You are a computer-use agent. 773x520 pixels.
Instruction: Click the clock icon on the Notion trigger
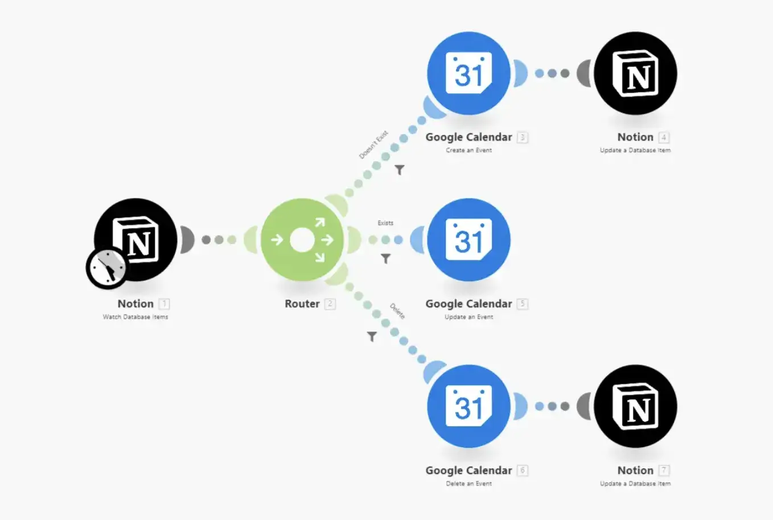[106, 268]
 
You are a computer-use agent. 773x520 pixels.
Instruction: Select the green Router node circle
[302, 240]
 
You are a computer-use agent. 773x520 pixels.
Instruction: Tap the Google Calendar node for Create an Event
[468, 73]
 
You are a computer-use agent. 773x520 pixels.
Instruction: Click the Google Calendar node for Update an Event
[468, 240]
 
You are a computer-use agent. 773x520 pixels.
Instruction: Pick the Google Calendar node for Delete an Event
[468, 406]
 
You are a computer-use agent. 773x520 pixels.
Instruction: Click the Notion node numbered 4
[635, 73]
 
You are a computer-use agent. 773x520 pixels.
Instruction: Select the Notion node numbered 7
[635, 406]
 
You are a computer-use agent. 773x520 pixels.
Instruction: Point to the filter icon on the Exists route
[386, 259]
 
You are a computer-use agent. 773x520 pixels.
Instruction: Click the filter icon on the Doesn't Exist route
[400, 170]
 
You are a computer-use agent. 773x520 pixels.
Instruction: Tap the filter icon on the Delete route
[372, 337]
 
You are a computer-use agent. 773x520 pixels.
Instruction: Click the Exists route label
[385, 223]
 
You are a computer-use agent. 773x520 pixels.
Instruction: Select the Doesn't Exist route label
[373, 145]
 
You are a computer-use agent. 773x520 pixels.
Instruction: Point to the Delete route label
[397, 311]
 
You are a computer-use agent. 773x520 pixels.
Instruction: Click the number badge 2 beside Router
[330, 304]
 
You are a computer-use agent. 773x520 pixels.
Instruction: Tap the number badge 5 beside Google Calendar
[523, 304]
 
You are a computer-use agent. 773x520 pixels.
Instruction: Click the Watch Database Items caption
[135, 317]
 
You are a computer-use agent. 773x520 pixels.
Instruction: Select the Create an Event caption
[468, 150]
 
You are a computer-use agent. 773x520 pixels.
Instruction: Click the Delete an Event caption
[468, 484]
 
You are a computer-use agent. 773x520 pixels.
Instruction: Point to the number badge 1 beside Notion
[164, 304]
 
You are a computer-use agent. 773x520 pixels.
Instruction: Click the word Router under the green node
[302, 304]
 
